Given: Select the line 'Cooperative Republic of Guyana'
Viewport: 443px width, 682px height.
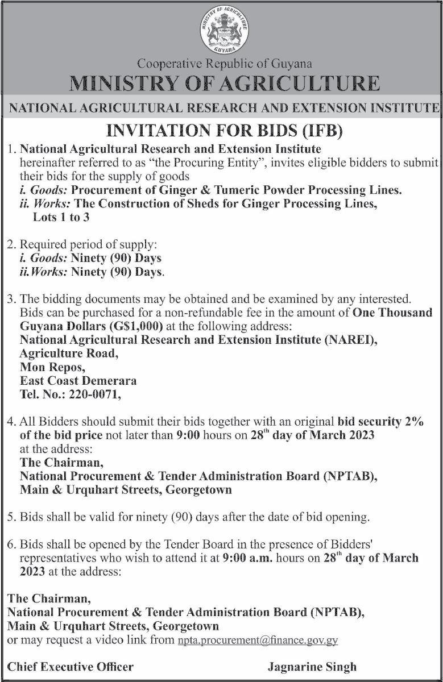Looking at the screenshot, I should coord(225,64).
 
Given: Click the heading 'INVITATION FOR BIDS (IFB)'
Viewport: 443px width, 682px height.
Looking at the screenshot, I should coord(225,132).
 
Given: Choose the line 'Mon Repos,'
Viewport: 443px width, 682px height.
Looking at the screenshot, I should coord(52,367).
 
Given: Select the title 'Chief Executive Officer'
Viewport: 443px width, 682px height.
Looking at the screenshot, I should coord(71,667).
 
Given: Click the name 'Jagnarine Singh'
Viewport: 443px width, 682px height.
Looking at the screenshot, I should coord(312,667).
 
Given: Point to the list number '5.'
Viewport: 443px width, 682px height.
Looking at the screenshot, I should coord(12,517).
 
